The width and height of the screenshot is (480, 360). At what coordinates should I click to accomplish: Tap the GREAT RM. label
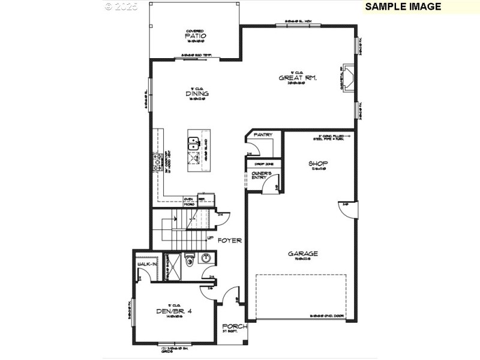click(298, 78)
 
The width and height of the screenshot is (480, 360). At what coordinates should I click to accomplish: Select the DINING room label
click(197, 94)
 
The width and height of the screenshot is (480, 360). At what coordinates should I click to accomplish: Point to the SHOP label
click(318, 164)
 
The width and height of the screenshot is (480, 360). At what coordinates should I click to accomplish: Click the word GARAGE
click(303, 253)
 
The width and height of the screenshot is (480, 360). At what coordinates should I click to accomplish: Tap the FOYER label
click(229, 240)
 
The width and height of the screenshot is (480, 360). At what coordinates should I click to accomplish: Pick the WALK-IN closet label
click(146, 264)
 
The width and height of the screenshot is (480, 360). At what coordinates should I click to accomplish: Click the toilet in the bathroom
click(189, 260)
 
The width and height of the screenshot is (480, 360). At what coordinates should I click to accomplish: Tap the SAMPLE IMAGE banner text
click(403, 7)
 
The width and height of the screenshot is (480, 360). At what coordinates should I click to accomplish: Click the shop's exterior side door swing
click(350, 210)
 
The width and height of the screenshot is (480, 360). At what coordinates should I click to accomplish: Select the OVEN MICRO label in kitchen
click(188, 202)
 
